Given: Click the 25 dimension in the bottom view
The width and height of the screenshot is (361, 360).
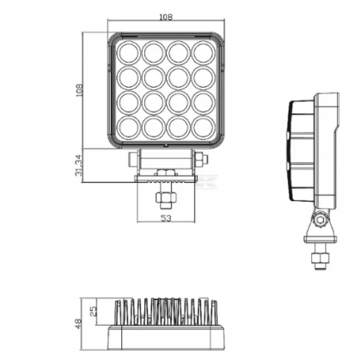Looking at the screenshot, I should click(95, 306).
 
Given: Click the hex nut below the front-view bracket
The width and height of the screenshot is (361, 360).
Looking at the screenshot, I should click(163, 198).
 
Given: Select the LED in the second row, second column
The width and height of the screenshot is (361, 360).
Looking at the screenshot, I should click(154, 78).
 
